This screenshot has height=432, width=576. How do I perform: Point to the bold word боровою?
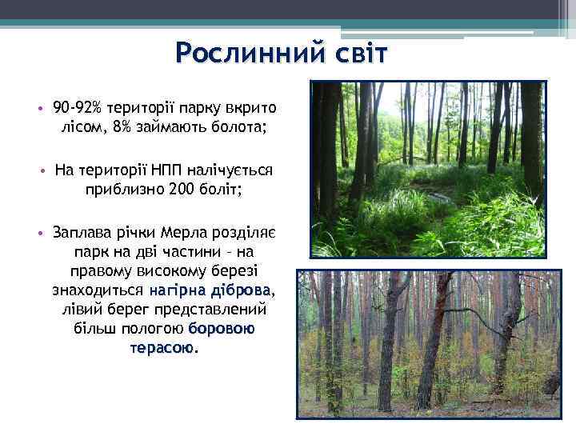[222, 329]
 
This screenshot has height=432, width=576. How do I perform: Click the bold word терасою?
[161, 348]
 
